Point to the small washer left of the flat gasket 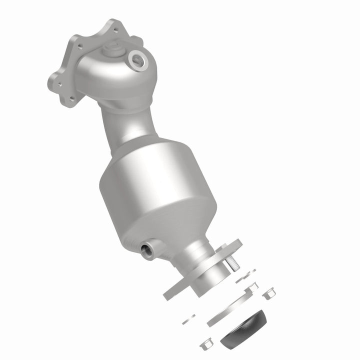tap(188, 319)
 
